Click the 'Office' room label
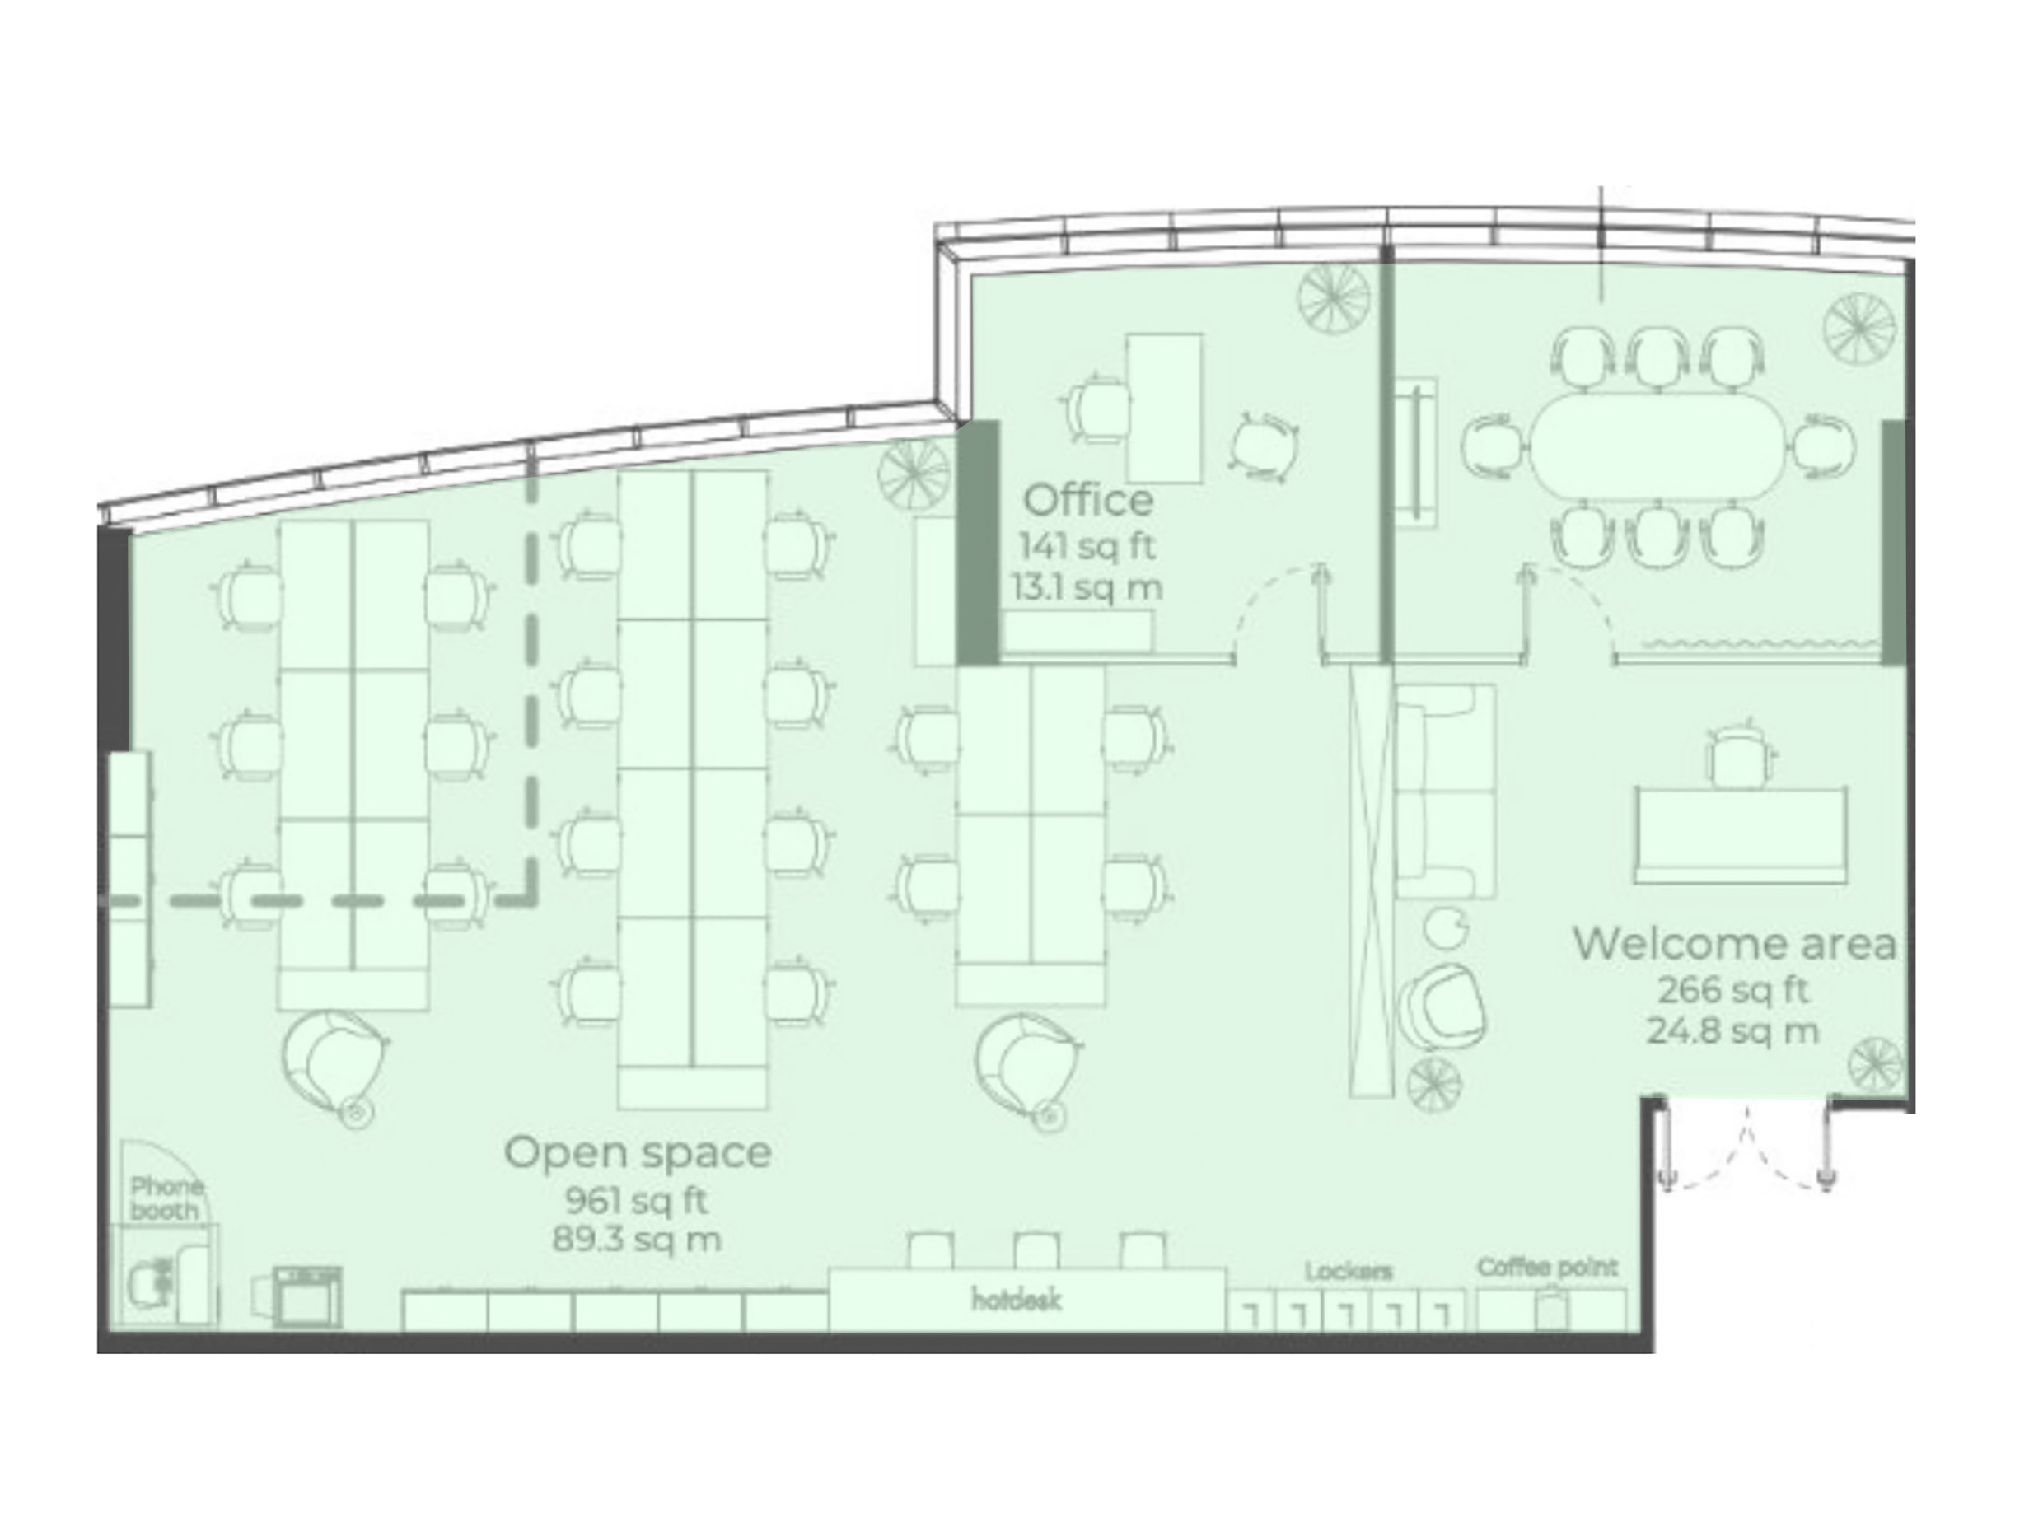click(x=1088, y=501)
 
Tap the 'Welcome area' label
click(x=1735, y=944)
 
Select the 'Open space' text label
click(x=638, y=1153)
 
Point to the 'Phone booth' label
click(x=166, y=1198)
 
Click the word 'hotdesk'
click(x=1016, y=1301)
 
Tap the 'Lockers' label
click(x=1349, y=1272)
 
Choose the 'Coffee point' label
click(x=1548, y=1268)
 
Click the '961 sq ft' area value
click(x=636, y=1201)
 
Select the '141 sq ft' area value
click(x=1087, y=546)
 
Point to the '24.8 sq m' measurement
click(x=1732, y=1030)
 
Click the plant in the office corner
click(x=1334, y=297)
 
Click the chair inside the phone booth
click(x=152, y=1282)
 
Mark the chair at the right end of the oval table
click(x=1823, y=447)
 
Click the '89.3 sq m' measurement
click(x=636, y=1240)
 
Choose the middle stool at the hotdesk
click(x=1036, y=1250)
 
